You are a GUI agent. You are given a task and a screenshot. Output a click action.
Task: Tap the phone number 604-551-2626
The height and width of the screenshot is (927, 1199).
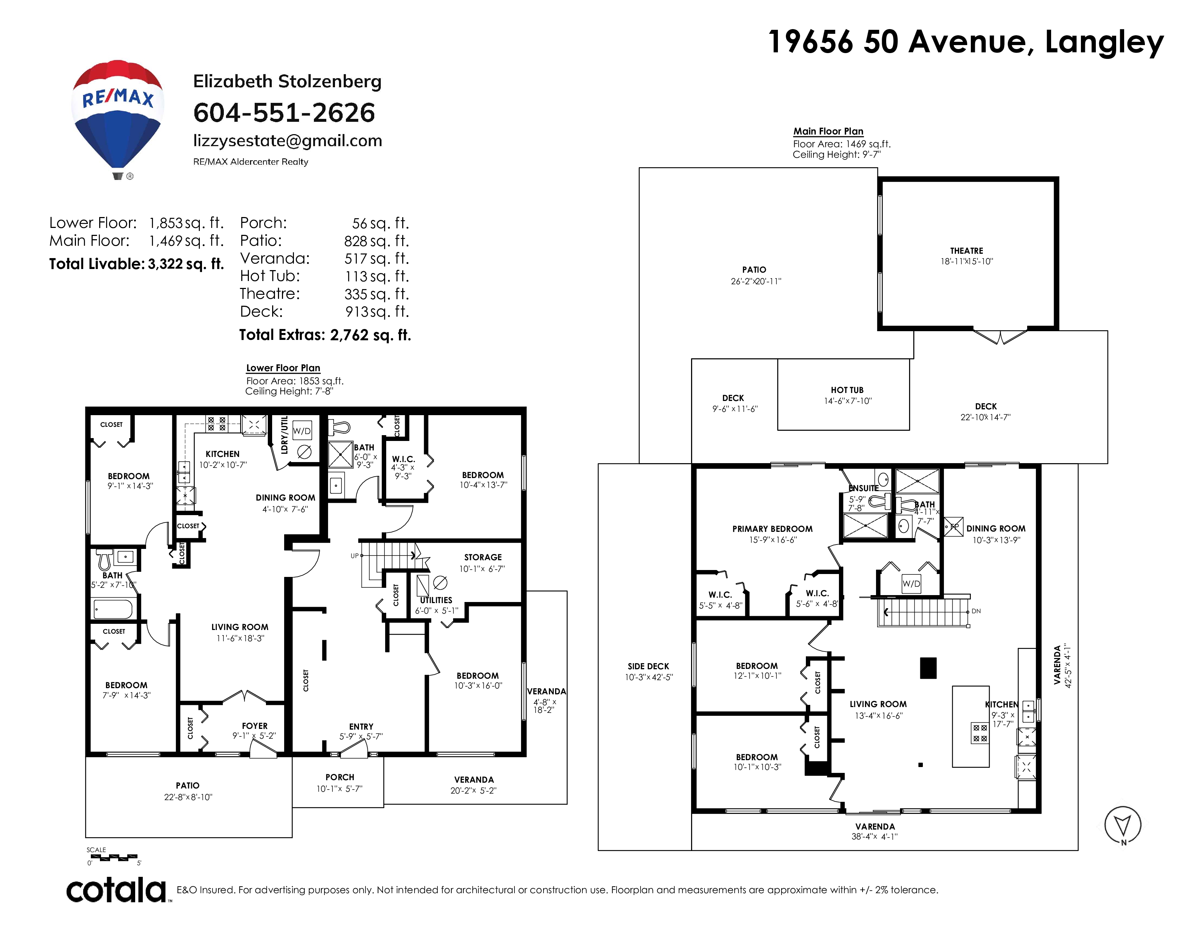click(x=284, y=113)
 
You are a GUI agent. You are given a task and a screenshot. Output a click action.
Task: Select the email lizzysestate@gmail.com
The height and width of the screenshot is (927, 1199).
click(x=288, y=141)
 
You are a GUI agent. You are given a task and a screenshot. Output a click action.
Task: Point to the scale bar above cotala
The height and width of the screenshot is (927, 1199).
click(x=112, y=857)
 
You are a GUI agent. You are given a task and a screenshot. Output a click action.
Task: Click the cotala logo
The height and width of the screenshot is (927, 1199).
click(x=116, y=890)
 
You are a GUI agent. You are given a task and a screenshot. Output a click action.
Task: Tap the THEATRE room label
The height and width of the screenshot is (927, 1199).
click(x=967, y=251)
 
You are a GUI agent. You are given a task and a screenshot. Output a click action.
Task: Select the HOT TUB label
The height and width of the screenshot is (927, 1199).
click(x=847, y=390)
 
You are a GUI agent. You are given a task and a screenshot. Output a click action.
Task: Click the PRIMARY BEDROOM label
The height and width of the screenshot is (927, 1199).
click(x=772, y=529)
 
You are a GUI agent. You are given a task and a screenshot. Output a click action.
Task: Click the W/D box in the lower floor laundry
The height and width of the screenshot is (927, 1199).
click(x=302, y=431)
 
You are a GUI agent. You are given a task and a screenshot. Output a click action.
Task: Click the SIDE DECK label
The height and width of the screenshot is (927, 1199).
click(x=648, y=666)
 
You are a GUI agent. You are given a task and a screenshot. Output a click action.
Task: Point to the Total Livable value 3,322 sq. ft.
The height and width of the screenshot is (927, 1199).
click(x=186, y=264)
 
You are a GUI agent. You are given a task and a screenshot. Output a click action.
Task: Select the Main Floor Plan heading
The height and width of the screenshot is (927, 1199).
click(x=828, y=131)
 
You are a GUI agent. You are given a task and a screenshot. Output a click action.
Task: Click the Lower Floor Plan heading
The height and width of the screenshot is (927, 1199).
click(x=283, y=368)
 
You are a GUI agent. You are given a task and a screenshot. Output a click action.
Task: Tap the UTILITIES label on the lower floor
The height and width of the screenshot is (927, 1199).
click(x=436, y=600)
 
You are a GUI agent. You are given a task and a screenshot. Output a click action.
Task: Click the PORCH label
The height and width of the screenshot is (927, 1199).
click(x=340, y=777)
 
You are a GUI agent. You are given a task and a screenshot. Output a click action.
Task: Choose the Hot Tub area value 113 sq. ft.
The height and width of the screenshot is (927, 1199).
click(x=377, y=276)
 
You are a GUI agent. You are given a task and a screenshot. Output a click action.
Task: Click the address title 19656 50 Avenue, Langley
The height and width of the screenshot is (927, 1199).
click(x=966, y=42)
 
